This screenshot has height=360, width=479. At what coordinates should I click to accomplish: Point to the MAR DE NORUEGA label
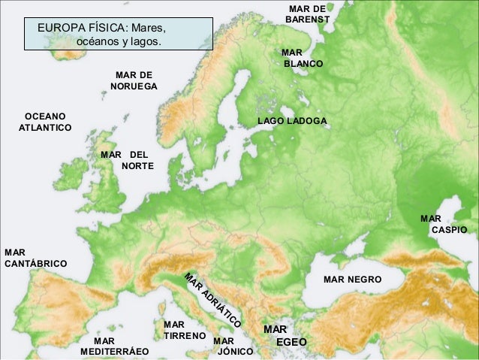[134, 81]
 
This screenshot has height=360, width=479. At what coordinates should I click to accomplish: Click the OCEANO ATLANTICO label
[44, 123]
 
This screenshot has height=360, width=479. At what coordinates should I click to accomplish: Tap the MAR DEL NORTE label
[127, 159]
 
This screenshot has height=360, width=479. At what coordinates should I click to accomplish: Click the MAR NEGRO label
[352, 280]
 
